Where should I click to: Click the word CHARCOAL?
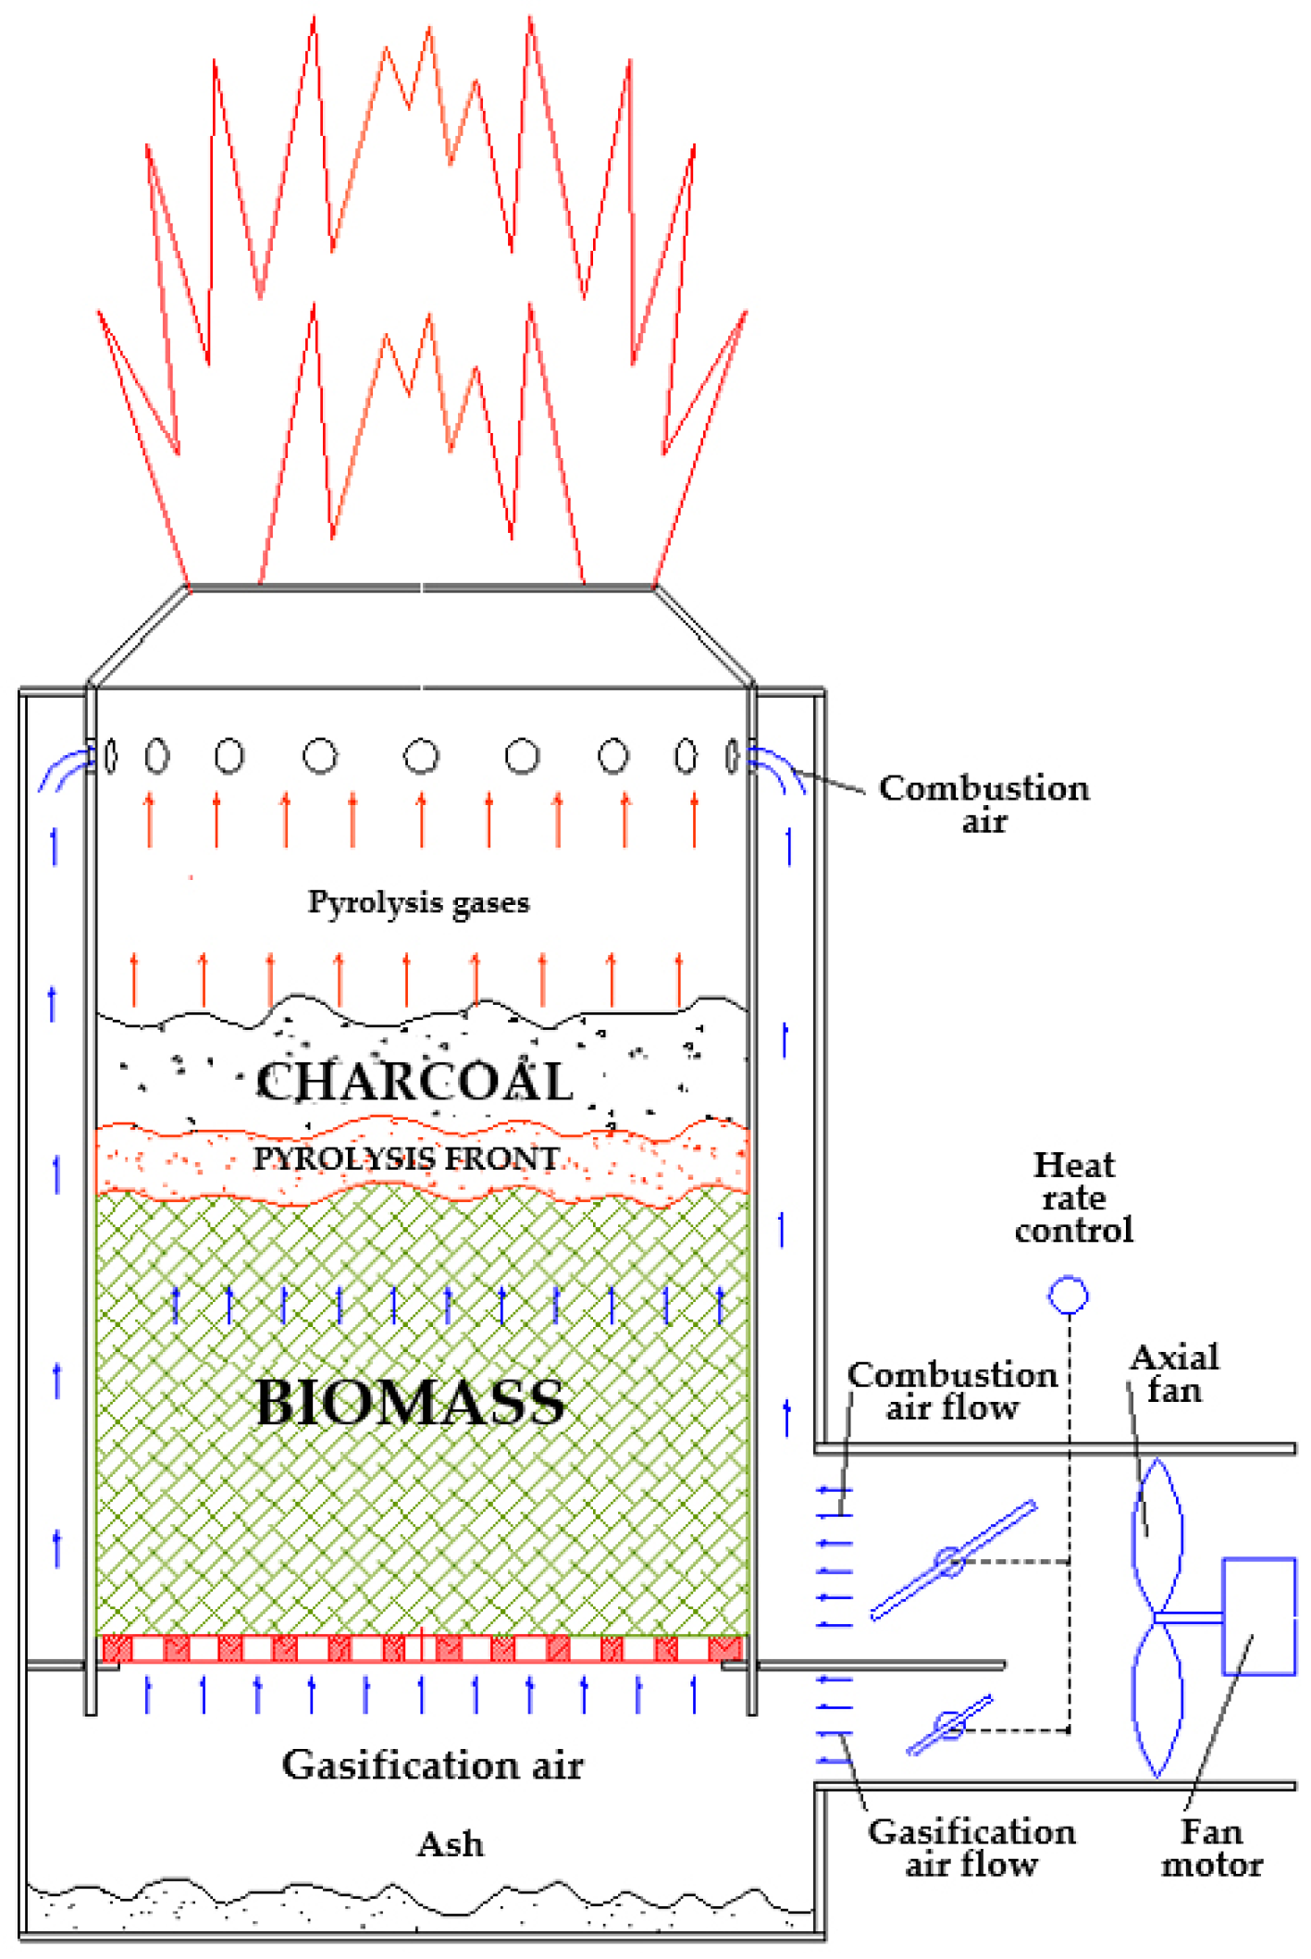click(x=414, y=1081)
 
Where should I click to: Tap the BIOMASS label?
click(x=410, y=1403)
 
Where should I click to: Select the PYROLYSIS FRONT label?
click(x=406, y=1159)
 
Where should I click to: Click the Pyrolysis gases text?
click(x=418, y=902)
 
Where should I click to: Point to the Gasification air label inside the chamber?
click(x=432, y=1766)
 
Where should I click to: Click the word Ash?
click(x=450, y=1844)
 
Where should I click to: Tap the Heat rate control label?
click(x=1073, y=1197)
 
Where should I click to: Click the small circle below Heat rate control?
click(x=1068, y=1295)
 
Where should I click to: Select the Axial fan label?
click(x=1174, y=1374)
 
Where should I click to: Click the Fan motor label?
click(x=1212, y=1848)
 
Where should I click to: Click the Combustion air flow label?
click(x=952, y=1391)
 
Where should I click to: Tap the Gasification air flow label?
click(x=971, y=1848)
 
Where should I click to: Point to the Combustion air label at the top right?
click(x=983, y=804)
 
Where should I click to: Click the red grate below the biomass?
click(x=422, y=1648)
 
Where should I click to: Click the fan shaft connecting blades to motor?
click(x=1190, y=1617)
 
